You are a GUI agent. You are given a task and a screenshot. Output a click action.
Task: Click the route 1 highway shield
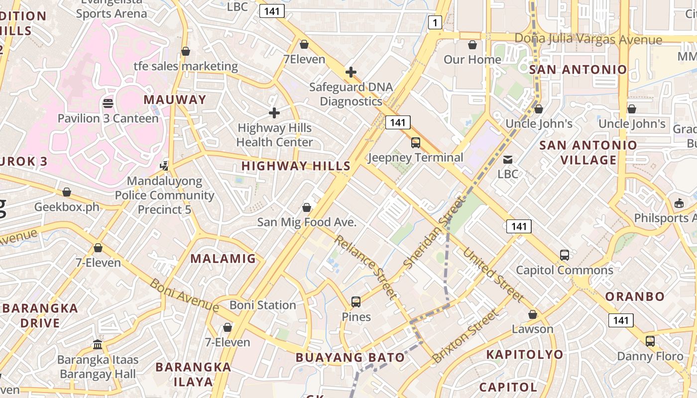coord(435,22)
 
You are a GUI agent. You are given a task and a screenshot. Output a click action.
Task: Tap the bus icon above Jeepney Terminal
coord(415,143)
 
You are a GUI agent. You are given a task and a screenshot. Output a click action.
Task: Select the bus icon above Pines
coord(356,301)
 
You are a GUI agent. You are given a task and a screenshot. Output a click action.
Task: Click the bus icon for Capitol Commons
coord(564,255)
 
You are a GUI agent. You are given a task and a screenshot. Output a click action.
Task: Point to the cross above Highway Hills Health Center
coord(274,113)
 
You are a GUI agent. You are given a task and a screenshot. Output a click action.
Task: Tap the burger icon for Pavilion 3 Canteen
coord(108,103)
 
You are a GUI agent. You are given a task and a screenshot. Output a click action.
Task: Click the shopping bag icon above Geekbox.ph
coord(67,192)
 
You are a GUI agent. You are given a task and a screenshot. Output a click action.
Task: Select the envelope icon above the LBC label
coord(508,160)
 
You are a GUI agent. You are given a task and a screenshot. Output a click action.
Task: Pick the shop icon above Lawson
coord(533,314)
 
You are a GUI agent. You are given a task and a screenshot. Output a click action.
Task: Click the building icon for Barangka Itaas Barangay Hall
coord(98,344)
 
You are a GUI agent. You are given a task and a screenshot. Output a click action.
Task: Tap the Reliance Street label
coord(366,267)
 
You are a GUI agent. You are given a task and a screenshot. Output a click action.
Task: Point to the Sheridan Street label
coord(433,232)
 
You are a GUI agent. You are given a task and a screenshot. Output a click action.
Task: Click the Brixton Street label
coord(465,336)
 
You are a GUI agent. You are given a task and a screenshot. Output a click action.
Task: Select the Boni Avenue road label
coord(184,295)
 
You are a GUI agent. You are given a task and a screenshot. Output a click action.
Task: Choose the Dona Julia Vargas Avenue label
coord(588,39)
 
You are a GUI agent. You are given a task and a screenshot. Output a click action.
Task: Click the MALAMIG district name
coord(223,259)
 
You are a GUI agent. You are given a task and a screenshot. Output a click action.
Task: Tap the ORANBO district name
coord(635,297)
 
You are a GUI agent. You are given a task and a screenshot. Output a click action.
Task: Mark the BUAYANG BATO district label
coord(350,357)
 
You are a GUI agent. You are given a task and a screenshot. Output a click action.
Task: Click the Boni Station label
coord(263,305)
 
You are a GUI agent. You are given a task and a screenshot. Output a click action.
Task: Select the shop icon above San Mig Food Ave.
coord(307,207)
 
